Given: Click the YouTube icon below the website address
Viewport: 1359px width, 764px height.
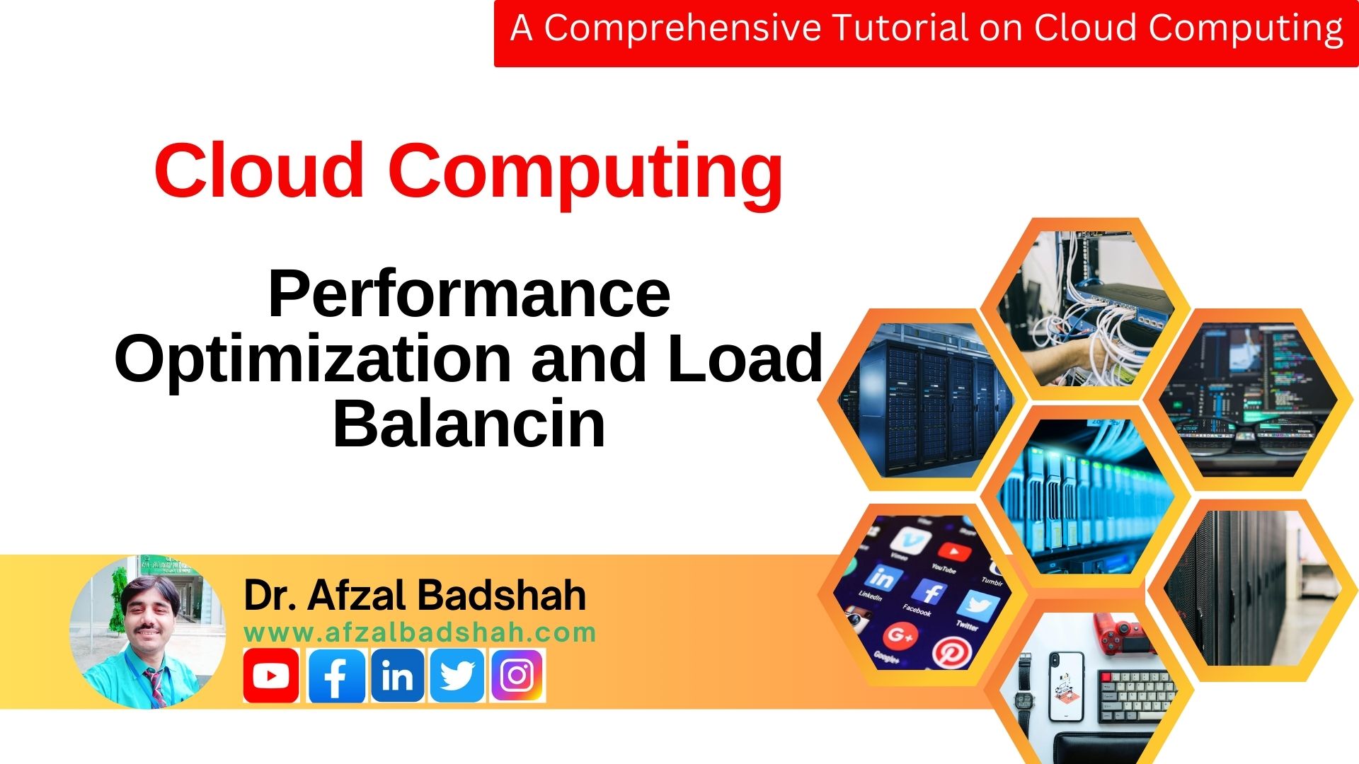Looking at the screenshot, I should pos(271,676).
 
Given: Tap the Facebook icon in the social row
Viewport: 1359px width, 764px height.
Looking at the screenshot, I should pos(337,676).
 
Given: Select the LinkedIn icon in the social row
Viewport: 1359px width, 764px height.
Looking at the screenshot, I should pos(397,676).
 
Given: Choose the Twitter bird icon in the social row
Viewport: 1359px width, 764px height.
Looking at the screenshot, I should pos(457,676).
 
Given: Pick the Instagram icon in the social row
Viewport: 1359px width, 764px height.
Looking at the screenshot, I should pos(517,676).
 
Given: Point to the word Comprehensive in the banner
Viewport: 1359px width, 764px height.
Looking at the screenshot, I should pos(682,28).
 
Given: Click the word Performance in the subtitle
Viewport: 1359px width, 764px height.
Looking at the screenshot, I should pos(469,294).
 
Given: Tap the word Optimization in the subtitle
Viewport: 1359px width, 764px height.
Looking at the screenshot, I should pos(312,359).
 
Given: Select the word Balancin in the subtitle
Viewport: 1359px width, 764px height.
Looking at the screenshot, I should pos(469,424).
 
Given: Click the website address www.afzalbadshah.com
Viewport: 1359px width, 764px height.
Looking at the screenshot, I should pos(420,632).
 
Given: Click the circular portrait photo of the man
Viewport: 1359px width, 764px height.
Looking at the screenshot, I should pos(147,632).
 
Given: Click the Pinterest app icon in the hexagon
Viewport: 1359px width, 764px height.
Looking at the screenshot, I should pos(949,651).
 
